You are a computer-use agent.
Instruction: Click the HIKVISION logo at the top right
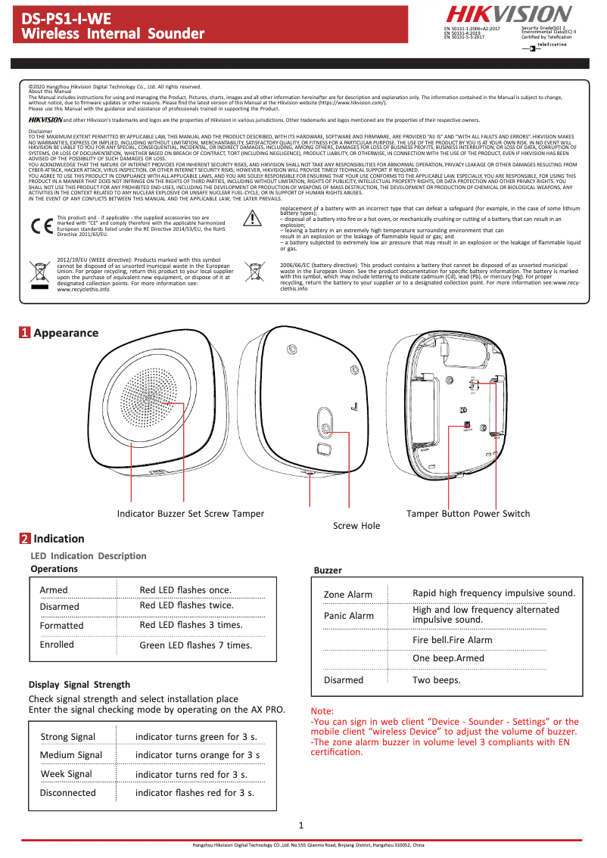(x=508, y=14)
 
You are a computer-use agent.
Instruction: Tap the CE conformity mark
(x=41, y=225)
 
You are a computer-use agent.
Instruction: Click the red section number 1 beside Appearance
(x=25, y=332)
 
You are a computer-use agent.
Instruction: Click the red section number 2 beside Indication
(x=25, y=539)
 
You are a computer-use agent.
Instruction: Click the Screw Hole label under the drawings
(x=356, y=525)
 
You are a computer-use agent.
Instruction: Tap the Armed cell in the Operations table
(x=54, y=590)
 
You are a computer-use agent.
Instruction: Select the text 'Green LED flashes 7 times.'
(x=195, y=645)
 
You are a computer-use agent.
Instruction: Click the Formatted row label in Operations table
(x=61, y=626)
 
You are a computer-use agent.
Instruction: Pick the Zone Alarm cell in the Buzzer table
(x=348, y=595)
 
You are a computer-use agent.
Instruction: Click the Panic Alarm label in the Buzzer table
(x=349, y=616)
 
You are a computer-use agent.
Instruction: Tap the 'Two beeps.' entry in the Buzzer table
(x=437, y=680)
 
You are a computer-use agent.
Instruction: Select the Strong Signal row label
(x=68, y=737)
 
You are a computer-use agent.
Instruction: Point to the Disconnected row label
(x=68, y=793)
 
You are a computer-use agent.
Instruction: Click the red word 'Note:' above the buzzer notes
(x=322, y=711)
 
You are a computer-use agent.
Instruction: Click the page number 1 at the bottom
(x=301, y=825)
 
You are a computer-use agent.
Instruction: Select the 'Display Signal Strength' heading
(x=79, y=685)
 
